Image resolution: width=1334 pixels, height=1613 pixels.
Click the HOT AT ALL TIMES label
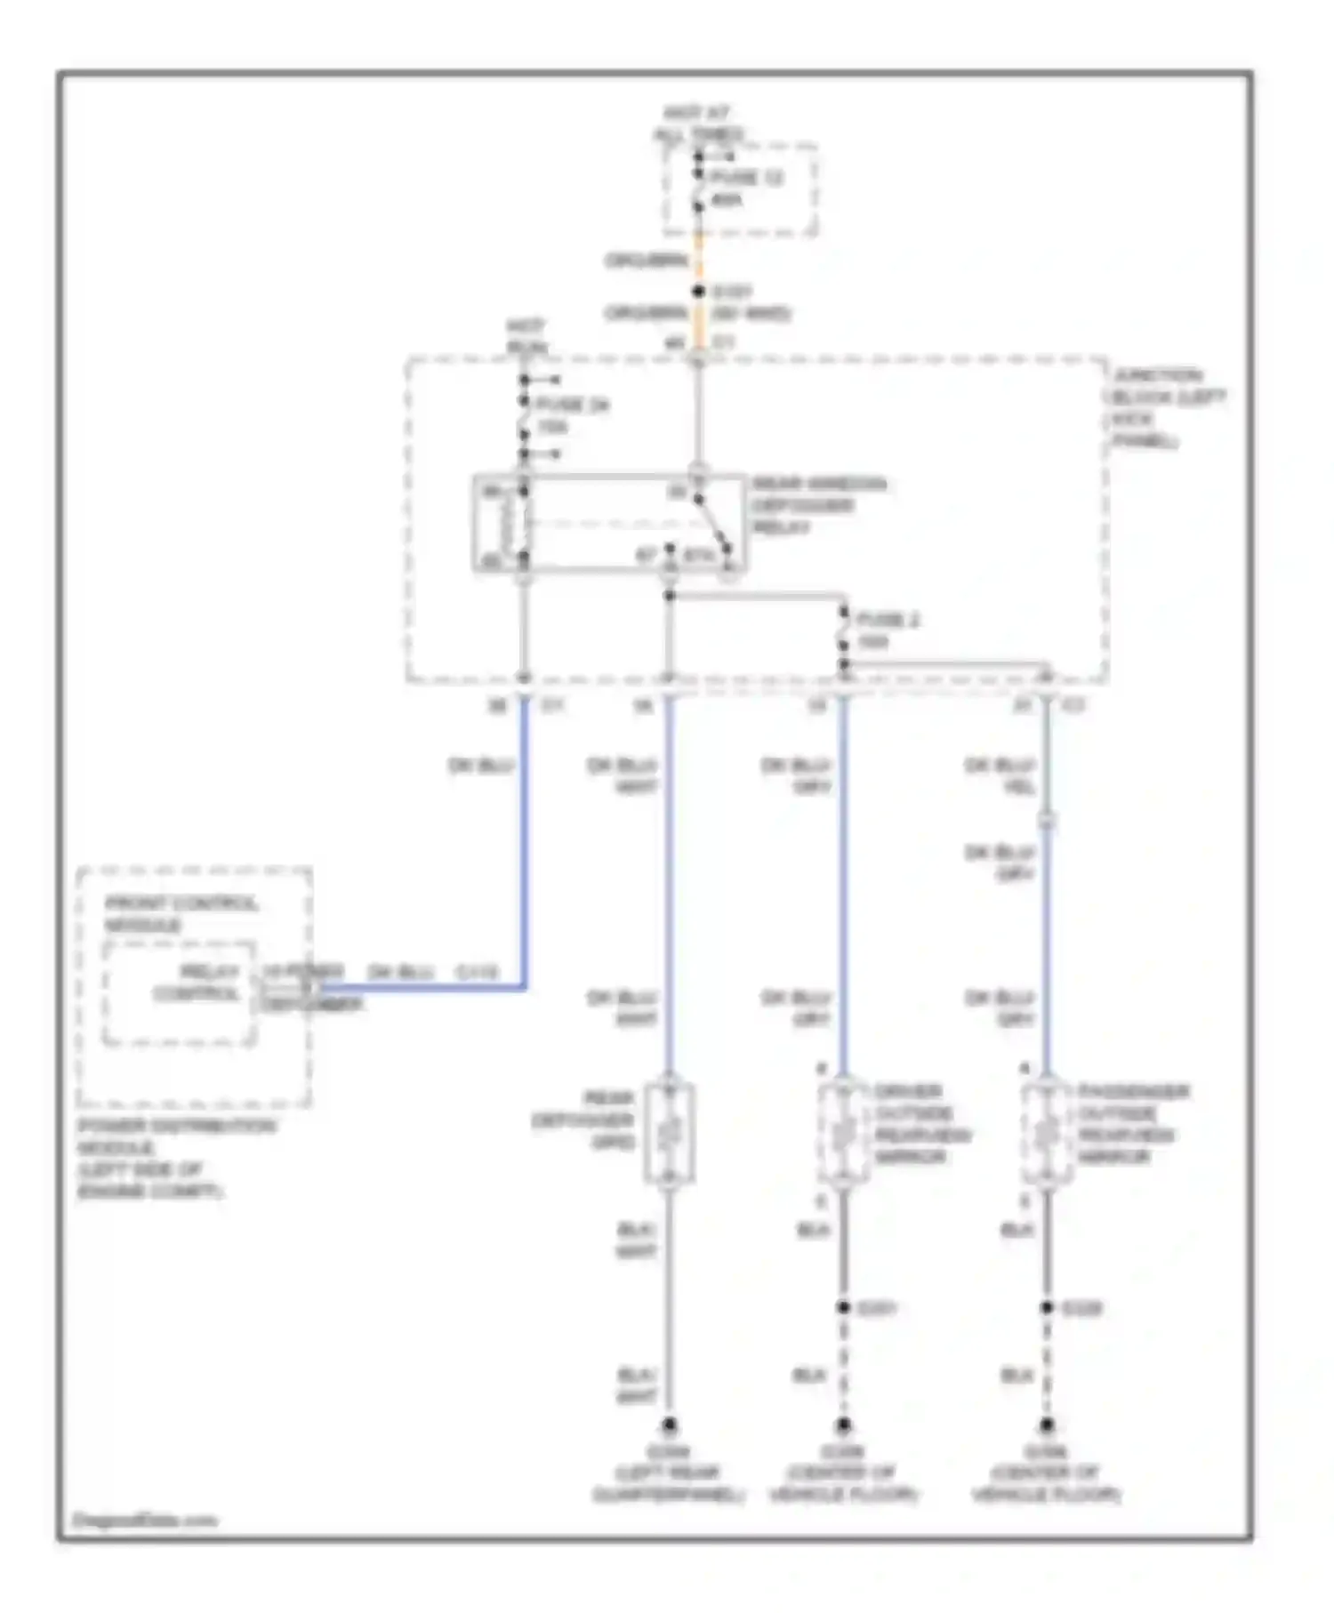tap(698, 124)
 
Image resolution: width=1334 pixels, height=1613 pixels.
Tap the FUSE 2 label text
tap(887, 620)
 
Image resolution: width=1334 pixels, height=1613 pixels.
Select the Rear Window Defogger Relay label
tap(818, 505)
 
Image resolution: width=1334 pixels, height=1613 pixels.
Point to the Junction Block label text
tap(1168, 408)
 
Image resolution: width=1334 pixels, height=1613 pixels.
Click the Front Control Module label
tap(181, 914)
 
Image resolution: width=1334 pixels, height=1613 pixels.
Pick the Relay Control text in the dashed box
tap(197, 983)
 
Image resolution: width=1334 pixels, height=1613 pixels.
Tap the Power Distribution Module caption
tap(176, 1158)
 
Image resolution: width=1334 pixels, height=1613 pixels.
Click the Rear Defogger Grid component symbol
tap(670, 1134)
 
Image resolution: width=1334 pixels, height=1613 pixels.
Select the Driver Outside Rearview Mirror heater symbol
tap(843, 1134)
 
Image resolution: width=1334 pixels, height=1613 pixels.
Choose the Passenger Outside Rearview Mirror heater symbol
tap(1047, 1134)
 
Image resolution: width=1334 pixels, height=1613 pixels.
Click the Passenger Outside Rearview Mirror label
tap(1133, 1124)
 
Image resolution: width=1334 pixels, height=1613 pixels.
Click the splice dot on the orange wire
tap(698, 291)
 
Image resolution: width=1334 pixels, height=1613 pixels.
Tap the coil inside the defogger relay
tap(509, 525)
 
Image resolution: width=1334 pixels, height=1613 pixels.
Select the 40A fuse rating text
tap(727, 199)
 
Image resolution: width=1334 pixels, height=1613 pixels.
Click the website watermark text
tap(144, 1520)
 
